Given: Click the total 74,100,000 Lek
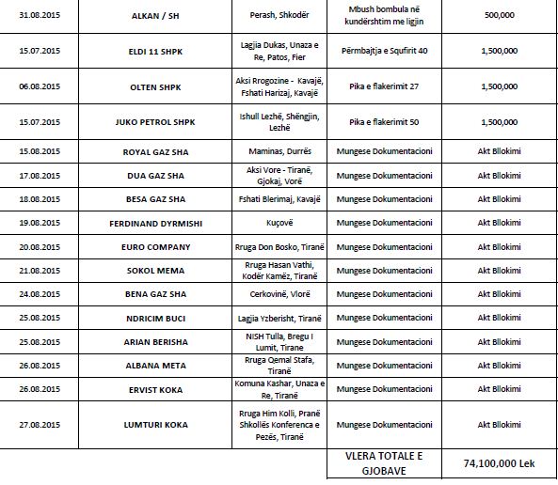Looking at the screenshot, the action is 500,462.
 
